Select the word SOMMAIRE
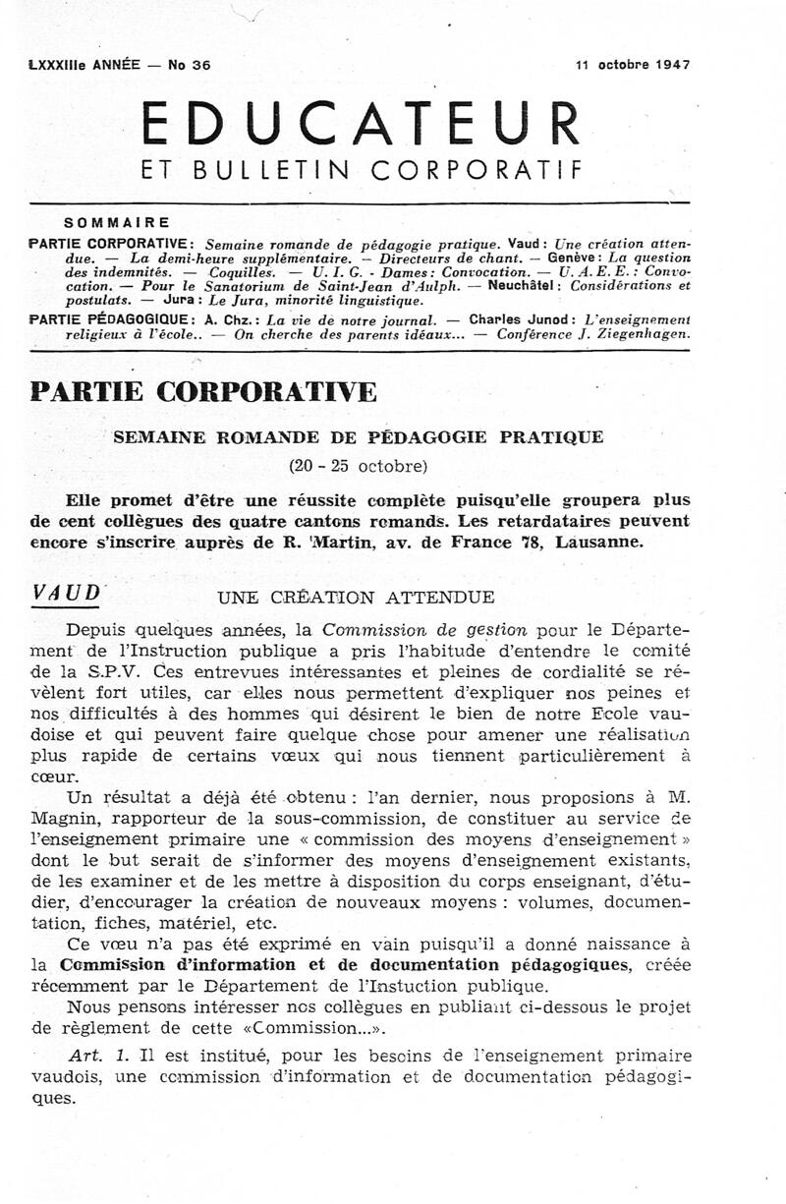[116, 222]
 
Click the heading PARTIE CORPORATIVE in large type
[203, 391]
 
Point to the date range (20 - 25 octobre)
[358, 463]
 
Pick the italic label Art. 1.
[91, 1056]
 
